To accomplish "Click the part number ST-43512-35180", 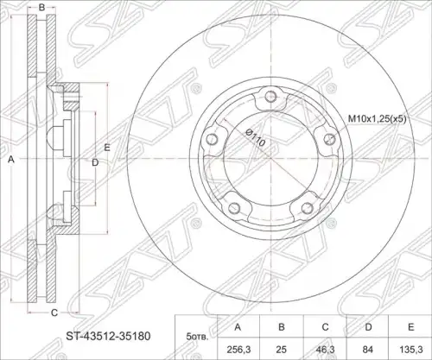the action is click(x=109, y=336).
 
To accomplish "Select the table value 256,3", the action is click(x=238, y=350).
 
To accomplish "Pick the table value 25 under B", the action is click(x=282, y=350).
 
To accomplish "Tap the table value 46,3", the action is click(x=325, y=350).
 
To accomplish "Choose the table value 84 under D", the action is click(x=368, y=350).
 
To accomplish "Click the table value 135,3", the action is click(x=411, y=350).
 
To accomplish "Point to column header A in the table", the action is click(x=238, y=327).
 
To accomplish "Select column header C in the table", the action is click(x=325, y=327).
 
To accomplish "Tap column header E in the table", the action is click(x=411, y=327).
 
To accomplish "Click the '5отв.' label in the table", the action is click(x=197, y=337).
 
